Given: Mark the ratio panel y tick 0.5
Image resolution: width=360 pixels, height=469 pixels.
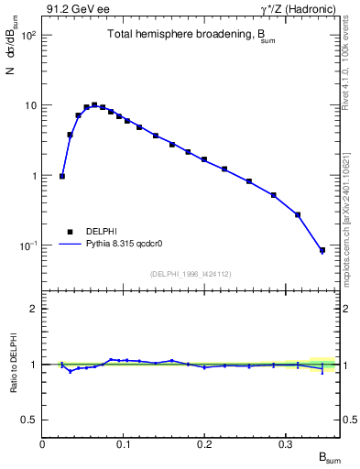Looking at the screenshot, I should (x=28, y=420).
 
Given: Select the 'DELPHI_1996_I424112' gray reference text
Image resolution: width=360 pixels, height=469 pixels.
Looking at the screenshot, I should (x=190, y=273).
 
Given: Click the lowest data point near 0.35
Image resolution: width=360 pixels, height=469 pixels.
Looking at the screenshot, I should (x=322, y=250).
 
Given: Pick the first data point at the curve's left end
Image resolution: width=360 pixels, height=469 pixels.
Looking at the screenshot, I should (x=62, y=176).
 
